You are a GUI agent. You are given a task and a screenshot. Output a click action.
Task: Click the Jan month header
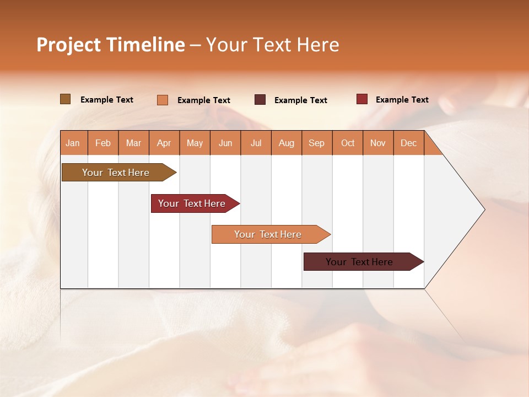tap(73, 143)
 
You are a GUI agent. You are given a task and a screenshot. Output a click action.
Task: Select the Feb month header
tap(103, 143)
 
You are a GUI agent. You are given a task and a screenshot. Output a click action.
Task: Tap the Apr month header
tap(164, 143)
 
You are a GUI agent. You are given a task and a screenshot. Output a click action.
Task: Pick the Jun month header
tap(225, 143)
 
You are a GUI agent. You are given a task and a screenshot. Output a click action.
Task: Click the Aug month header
tap(287, 143)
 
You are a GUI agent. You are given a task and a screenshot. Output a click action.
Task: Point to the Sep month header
tap(317, 143)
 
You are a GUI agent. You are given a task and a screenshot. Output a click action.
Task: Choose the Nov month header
tap(378, 143)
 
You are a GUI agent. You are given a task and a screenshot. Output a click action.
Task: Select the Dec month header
tap(409, 143)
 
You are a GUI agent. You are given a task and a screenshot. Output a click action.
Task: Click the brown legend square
tap(65, 99)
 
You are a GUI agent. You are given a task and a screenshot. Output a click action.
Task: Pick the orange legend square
tap(162, 100)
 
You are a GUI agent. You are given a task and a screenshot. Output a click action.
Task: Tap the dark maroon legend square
tap(260, 100)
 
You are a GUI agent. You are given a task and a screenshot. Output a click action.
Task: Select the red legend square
tap(361, 99)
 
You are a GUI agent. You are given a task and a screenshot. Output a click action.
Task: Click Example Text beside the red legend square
tap(402, 100)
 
